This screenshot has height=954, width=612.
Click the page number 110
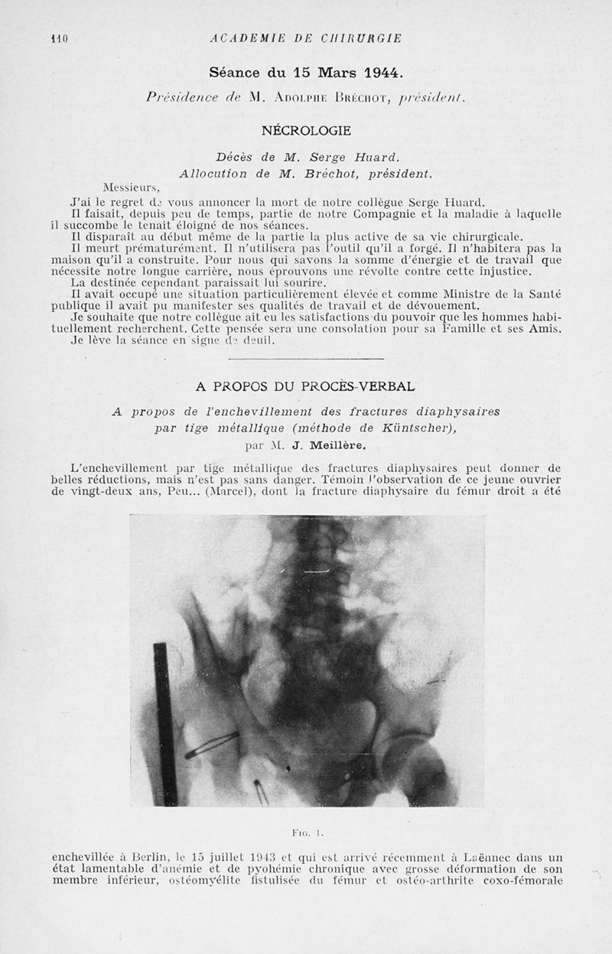click(x=59, y=38)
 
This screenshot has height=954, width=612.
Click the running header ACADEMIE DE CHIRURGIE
click(x=306, y=38)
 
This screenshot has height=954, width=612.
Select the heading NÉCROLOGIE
click(x=306, y=131)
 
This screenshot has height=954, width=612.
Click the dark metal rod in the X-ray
click(x=166, y=723)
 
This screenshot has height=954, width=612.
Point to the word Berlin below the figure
click(x=159, y=858)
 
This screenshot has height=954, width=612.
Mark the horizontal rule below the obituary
click(x=306, y=357)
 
